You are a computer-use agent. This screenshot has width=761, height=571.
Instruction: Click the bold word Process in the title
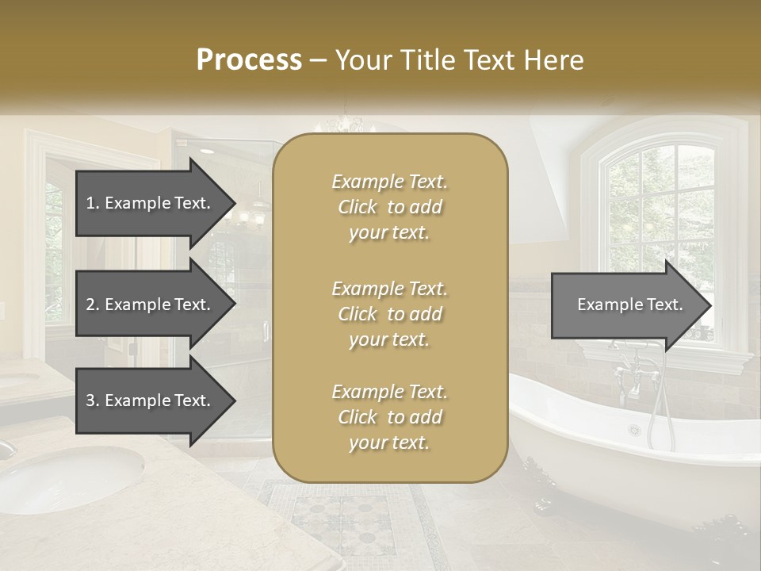point(249,60)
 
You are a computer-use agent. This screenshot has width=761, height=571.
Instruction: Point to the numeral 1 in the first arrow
point(90,203)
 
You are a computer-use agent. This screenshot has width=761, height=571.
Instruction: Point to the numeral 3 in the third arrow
point(90,400)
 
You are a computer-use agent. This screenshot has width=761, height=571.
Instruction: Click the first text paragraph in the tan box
point(389,207)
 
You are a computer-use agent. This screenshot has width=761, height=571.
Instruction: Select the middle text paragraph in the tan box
point(389,314)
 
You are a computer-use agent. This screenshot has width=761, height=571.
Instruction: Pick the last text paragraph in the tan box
point(389,417)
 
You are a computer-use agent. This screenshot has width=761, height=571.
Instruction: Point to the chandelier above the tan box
point(345,123)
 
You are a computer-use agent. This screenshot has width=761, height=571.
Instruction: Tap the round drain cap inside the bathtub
point(634,430)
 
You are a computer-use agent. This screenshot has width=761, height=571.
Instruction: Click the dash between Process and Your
point(319,60)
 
